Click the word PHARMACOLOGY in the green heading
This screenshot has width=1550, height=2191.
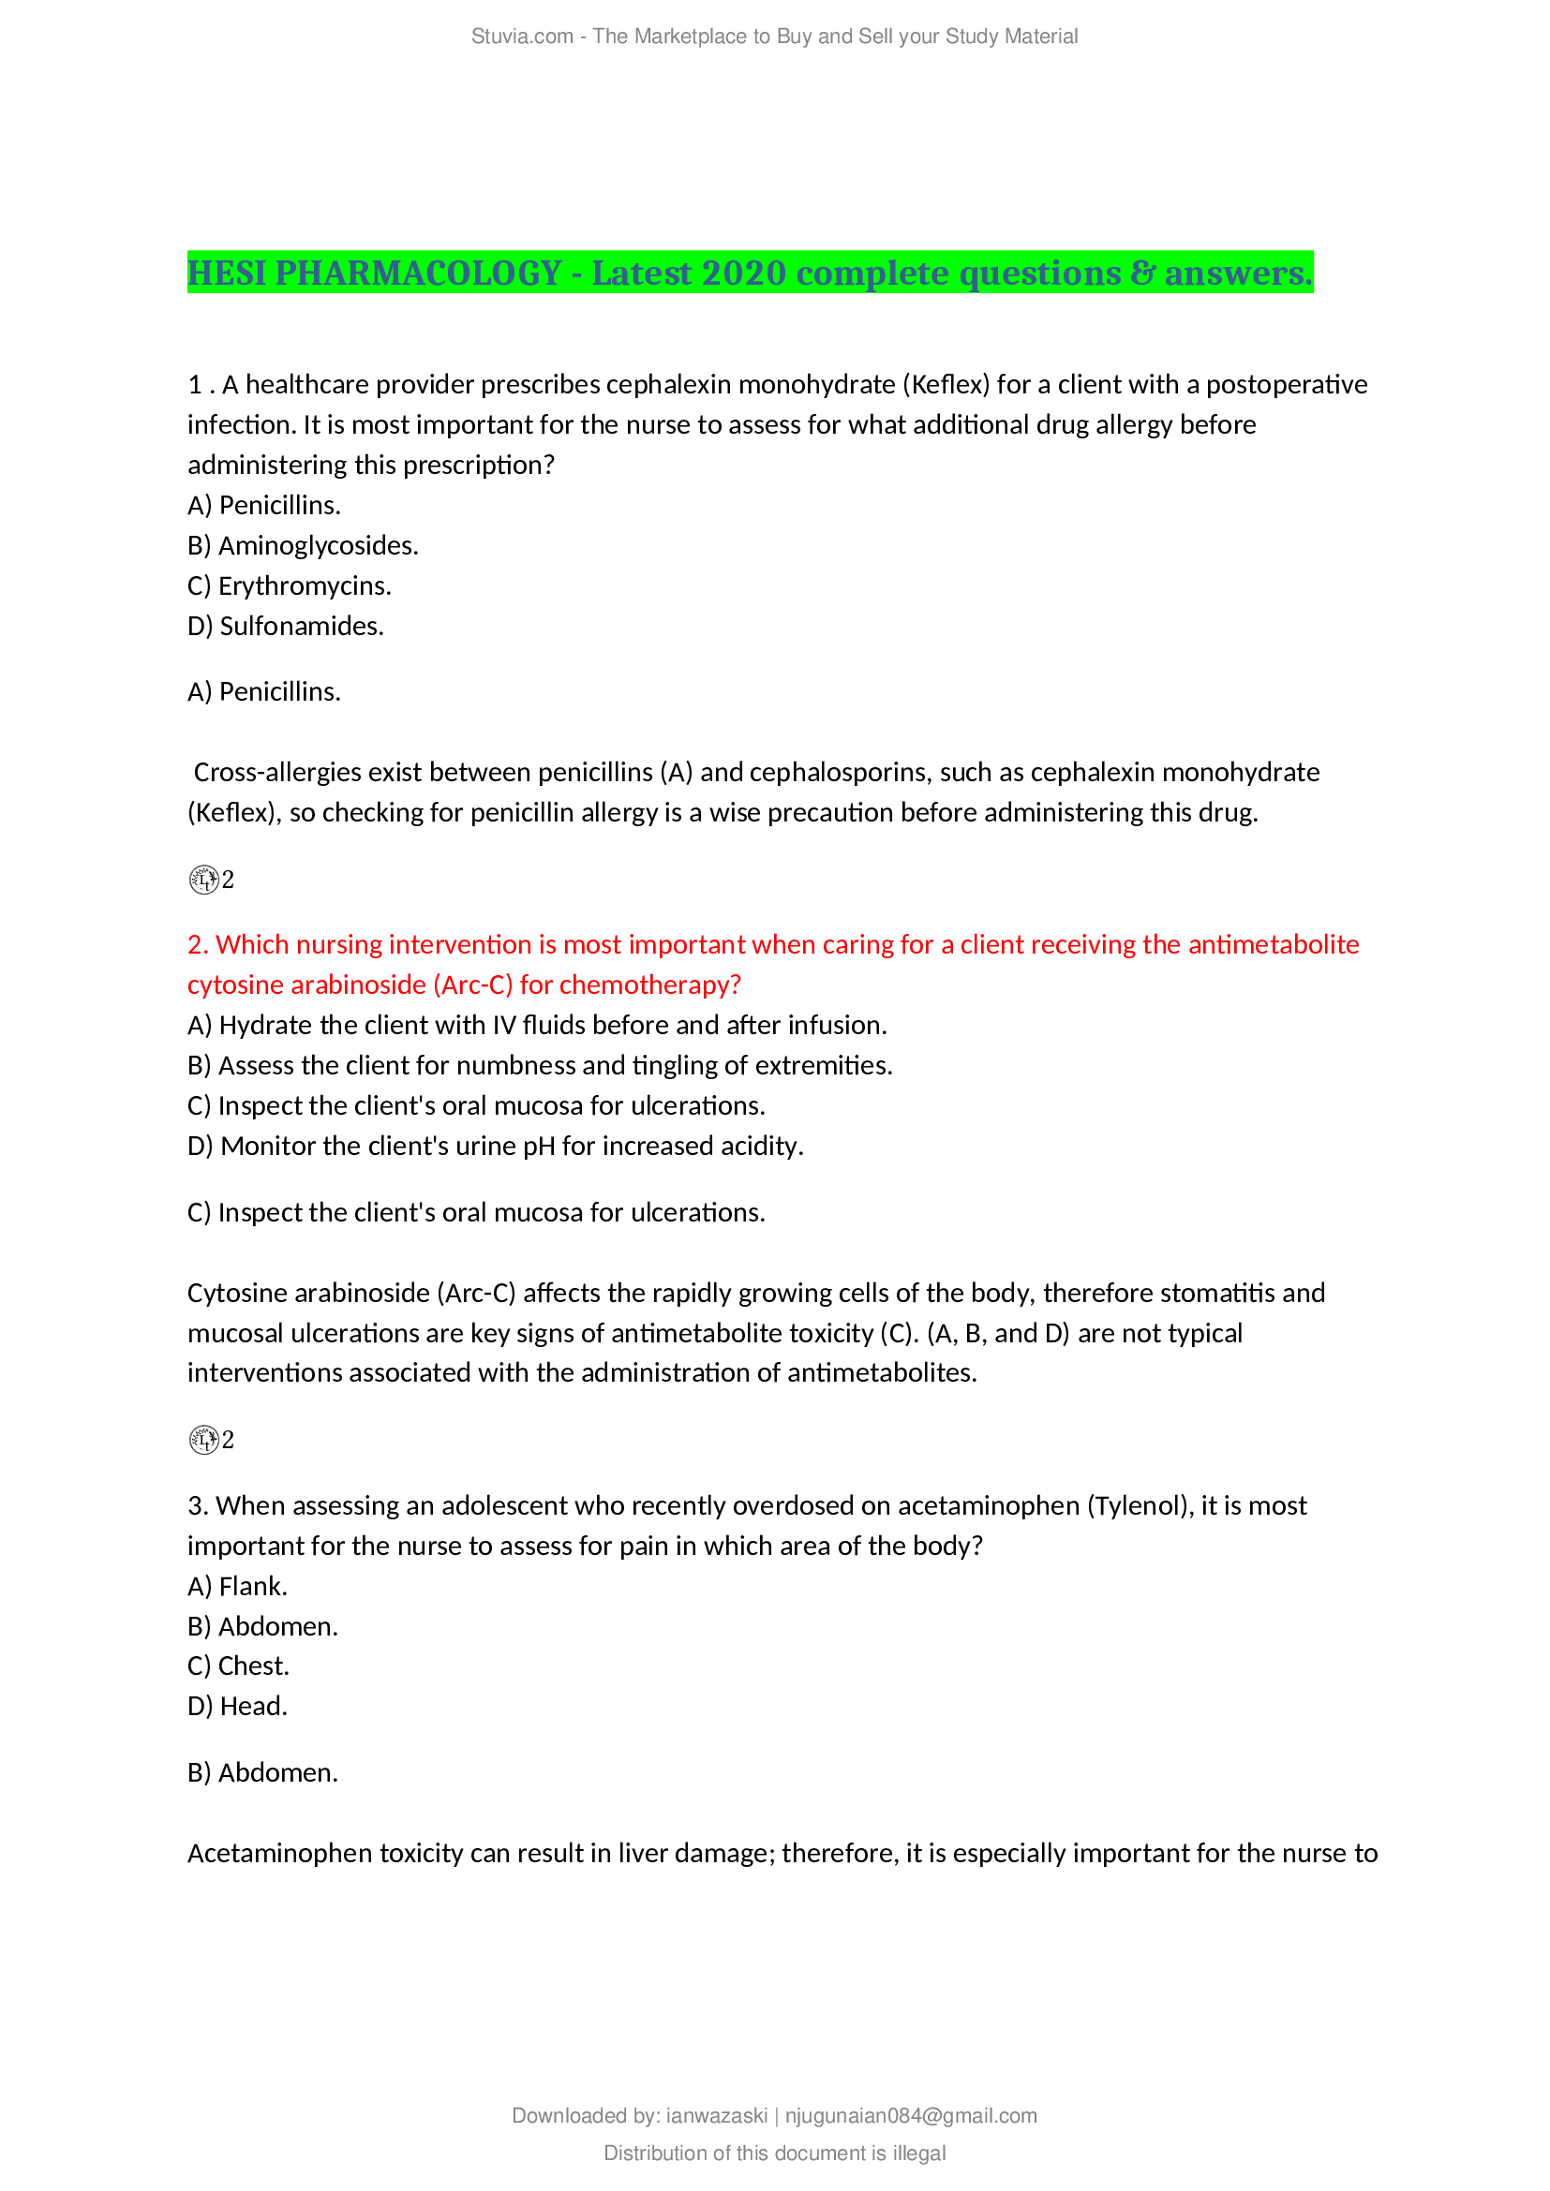pos(418,274)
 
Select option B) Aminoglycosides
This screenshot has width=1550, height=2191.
pos(303,546)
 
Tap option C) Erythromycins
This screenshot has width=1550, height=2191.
pos(290,585)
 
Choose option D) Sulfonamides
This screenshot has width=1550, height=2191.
pos(286,626)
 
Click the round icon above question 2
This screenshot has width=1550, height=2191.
pos(203,879)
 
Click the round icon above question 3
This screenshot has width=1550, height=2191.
pos(203,1439)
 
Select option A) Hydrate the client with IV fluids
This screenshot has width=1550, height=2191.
pos(536,1025)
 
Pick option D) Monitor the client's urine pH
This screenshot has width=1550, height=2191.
pos(496,1146)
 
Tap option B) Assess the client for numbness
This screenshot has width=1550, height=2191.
pos(539,1065)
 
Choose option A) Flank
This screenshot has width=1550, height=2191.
pos(238,1586)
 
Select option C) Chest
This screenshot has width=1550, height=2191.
pos(239,1665)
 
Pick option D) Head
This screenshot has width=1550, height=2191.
pos(238,1706)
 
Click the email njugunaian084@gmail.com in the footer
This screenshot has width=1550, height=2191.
pos(911,2116)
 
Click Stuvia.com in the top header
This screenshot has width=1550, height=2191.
pos(522,37)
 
